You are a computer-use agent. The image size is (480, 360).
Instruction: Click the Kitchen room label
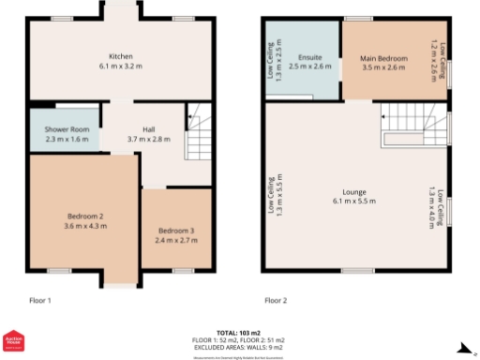click(120, 56)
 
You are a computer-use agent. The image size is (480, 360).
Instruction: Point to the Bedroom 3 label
click(175, 231)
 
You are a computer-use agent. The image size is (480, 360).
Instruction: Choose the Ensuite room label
click(310, 58)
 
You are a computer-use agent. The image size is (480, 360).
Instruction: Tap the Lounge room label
click(353, 191)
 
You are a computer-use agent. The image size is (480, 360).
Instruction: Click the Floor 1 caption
click(39, 301)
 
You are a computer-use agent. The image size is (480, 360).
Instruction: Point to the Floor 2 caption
click(276, 301)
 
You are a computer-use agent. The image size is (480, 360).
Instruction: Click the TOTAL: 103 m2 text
click(239, 333)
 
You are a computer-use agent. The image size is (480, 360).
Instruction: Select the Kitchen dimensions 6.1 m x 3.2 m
click(120, 67)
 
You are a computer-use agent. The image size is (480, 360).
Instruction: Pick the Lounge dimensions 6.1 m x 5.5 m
click(353, 202)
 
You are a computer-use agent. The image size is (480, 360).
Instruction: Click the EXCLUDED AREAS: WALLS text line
click(239, 348)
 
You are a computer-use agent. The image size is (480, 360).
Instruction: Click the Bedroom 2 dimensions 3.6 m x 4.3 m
click(82, 226)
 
